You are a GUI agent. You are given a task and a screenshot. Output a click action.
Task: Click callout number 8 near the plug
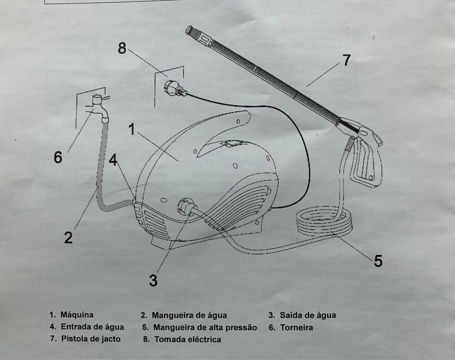click(x=122, y=48)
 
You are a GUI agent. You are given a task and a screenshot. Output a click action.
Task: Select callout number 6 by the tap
click(x=58, y=158)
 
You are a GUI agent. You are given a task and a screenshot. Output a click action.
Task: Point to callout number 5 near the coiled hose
click(x=378, y=261)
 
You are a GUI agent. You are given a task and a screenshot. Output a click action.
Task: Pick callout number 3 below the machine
click(x=153, y=281)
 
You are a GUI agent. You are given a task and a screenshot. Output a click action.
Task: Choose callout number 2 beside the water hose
click(x=69, y=237)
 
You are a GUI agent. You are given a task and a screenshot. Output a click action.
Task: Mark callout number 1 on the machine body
click(x=132, y=129)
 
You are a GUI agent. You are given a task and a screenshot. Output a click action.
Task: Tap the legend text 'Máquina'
click(x=77, y=314)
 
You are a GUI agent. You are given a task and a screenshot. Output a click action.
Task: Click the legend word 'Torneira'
click(x=297, y=327)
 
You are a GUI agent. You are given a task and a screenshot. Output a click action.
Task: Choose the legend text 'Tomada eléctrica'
click(x=188, y=339)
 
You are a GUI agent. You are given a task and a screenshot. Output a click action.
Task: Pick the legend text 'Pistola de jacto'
click(x=91, y=339)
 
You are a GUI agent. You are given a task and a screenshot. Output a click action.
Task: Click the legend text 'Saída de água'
click(x=308, y=315)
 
